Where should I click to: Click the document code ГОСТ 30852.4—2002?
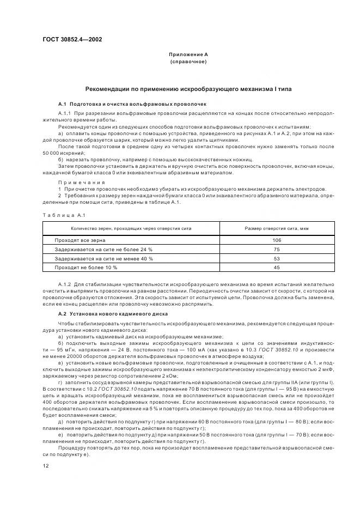point(72,39)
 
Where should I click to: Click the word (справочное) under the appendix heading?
point(188,62)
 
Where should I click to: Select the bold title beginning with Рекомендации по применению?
point(188,89)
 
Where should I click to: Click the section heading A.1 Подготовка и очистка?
point(132,104)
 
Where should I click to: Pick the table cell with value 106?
point(276,240)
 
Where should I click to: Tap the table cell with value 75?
point(276,249)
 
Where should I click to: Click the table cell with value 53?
point(276,258)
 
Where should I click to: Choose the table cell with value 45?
point(276,268)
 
